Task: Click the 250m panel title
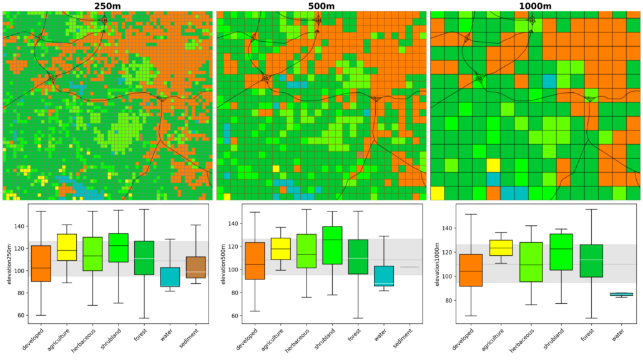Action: pos(108,6)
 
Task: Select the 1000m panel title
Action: pos(535,6)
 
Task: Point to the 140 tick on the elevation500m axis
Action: pos(228,223)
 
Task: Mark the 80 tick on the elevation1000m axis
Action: pos(443,300)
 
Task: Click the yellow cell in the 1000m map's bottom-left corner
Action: pos(437,193)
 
